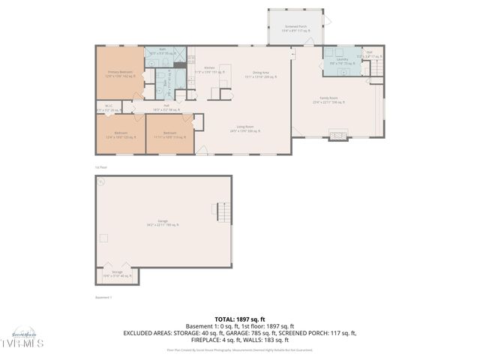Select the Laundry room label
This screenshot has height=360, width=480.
click(x=343, y=61)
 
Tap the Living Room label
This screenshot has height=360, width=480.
click(x=241, y=130)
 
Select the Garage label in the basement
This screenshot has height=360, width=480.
click(x=163, y=223)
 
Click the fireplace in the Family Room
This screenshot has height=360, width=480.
click(x=339, y=136)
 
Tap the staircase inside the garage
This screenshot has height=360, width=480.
click(x=222, y=213)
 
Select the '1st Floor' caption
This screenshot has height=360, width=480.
click(x=100, y=166)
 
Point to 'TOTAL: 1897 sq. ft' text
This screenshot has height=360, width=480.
click(x=239, y=319)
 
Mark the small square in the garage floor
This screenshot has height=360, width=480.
click(x=104, y=238)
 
